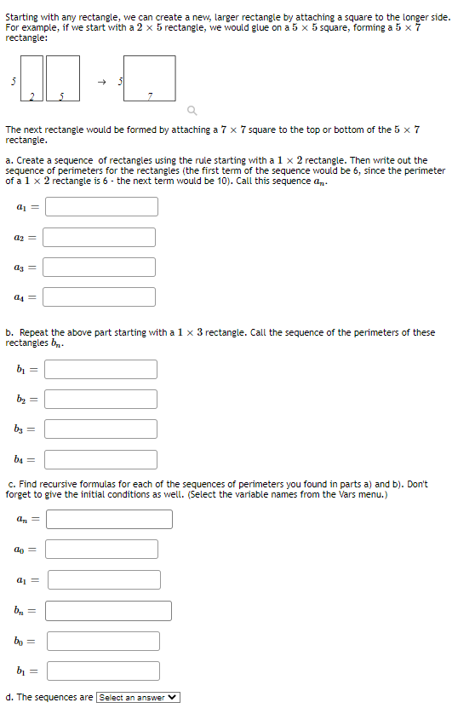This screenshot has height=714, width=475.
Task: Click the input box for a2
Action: [99, 237]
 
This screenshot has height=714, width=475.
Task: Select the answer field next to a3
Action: [99, 268]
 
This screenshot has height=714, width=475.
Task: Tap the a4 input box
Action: [99, 297]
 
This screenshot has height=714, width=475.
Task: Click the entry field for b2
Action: [100, 400]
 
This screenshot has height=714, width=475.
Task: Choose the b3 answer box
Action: [100, 429]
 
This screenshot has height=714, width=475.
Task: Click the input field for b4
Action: [100, 460]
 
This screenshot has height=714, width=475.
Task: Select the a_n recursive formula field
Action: [108, 519]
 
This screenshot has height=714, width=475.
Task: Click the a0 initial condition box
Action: [101, 550]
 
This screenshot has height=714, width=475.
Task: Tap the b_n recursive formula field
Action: [108, 611]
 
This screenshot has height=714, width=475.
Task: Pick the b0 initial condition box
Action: [103, 641]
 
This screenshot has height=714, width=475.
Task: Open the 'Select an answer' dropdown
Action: [139, 698]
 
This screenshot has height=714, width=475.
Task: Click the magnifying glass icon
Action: [192, 110]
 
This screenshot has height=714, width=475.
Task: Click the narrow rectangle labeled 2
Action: [31, 78]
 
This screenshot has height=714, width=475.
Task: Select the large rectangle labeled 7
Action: [151, 77]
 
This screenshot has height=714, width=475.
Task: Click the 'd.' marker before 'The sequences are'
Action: [9, 698]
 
